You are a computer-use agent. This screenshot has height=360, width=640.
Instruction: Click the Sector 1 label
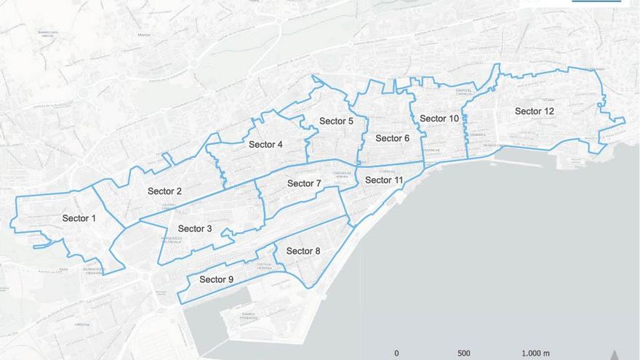[79, 218]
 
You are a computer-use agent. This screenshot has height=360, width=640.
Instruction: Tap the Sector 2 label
[164, 191]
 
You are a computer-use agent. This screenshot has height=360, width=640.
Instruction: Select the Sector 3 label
[195, 228]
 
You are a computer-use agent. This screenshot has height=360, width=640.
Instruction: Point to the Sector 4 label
[265, 144]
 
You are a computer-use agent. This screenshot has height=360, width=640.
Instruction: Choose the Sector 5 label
[336, 121]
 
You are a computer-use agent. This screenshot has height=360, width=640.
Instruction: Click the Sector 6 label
[393, 138]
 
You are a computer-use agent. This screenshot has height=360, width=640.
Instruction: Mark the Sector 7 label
[304, 183]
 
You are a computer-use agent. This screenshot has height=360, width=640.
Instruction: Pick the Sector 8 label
[303, 251]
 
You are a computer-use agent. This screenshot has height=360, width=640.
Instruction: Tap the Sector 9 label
[216, 279]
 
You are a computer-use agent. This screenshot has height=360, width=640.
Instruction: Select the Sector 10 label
[439, 119]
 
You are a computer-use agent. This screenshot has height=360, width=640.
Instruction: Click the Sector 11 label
[384, 180]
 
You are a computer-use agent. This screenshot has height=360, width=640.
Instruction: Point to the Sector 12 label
[535, 111]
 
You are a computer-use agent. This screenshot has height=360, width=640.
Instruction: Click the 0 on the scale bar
[396, 353]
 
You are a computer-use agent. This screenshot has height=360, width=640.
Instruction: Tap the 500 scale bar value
[464, 353]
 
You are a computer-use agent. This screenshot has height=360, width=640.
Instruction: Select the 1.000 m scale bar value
[535, 353]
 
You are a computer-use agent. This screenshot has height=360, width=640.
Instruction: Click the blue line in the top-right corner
[596, 1]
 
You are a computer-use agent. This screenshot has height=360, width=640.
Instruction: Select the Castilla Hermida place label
[264, 265]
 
